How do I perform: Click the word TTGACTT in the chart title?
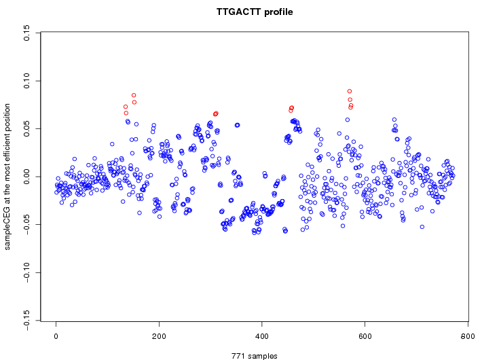pyautogui.click(x=238, y=12)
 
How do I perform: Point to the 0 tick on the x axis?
pyautogui.click(x=56, y=336)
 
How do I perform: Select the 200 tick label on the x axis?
pyautogui.click(x=159, y=336)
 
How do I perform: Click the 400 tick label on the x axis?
pyautogui.click(x=262, y=336)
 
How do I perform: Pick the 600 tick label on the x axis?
pyautogui.click(x=365, y=336)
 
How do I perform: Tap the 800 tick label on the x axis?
pyautogui.click(x=468, y=336)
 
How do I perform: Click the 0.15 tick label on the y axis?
pyautogui.click(x=26, y=33)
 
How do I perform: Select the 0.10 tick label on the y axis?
pyautogui.click(x=26, y=81)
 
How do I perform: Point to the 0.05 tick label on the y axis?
pyautogui.click(x=26, y=129)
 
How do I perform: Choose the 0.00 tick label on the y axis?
pyautogui.click(x=26, y=177)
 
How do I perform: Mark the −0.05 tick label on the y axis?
pyautogui.click(x=26, y=225)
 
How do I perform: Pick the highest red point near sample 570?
pyautogui.click(x=350, y=91)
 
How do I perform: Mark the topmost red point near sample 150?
pyautogui.click(x=134, y=95)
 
